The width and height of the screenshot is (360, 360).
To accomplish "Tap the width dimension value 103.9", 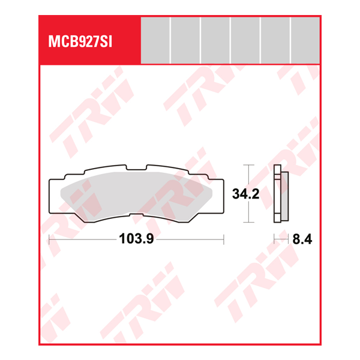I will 137,239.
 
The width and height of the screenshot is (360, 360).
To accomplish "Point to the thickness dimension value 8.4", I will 302,239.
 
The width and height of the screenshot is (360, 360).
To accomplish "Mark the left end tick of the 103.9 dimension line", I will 49,239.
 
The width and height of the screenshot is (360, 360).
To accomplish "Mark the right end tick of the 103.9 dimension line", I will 223,239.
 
